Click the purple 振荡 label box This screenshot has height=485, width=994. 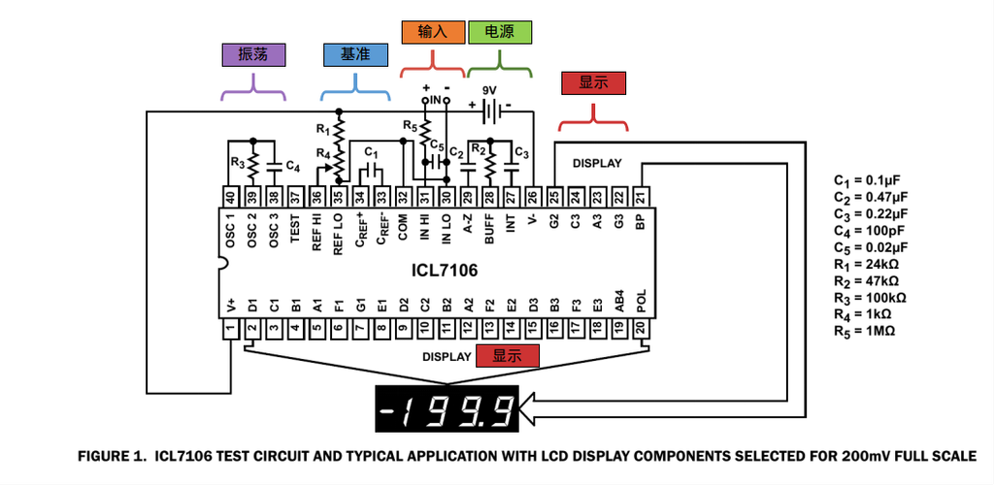coord(253,54)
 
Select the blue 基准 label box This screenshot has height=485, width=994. coord(353,54)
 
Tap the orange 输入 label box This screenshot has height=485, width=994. coord(432,31)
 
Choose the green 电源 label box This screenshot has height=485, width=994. coord(499,31)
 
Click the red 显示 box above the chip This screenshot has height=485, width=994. coord(593,83)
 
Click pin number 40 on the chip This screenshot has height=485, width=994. coord(230,196)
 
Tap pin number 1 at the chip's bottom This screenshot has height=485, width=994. coord(230,330)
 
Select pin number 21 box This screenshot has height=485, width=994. coord(641,196)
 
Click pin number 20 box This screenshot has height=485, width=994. coord(641,330)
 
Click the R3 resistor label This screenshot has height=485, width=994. coord(237,162)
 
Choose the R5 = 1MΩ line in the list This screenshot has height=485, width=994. coord(864,331)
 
